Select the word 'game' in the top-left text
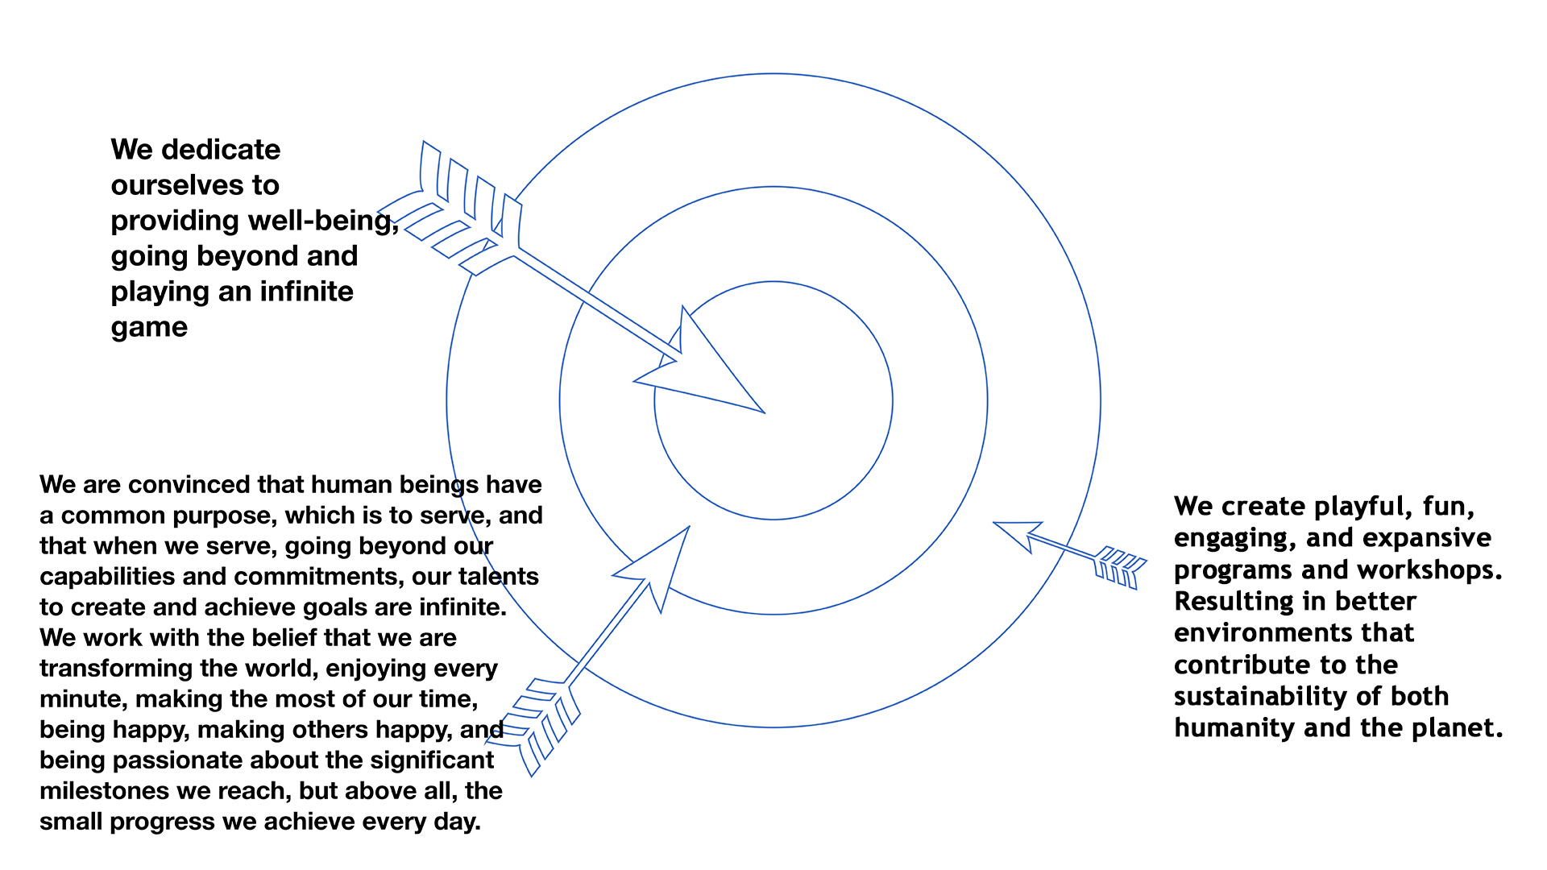point(149,327)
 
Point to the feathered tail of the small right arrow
point(1120,565)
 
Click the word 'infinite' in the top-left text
point(306,292)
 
